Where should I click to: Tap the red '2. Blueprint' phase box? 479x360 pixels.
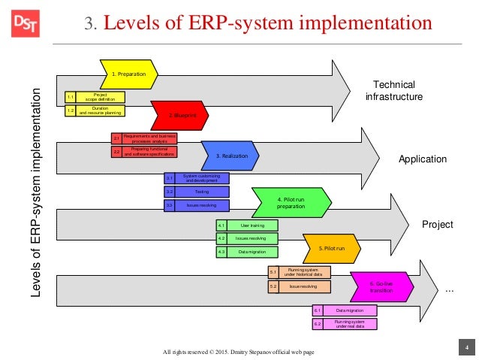(x=180, y=116)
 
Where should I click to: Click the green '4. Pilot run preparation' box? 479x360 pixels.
(x=289, y=201)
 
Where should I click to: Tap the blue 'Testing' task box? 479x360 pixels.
(x=201, y=192)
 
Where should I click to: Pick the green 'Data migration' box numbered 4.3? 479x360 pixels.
(x=252, y=253)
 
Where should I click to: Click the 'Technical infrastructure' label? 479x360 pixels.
(x=394, y=90)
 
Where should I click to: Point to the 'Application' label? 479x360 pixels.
(x=423, y=159)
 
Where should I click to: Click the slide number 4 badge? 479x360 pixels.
(x=466, y=346)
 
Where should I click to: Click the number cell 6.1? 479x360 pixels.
(x=318, y=310)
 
